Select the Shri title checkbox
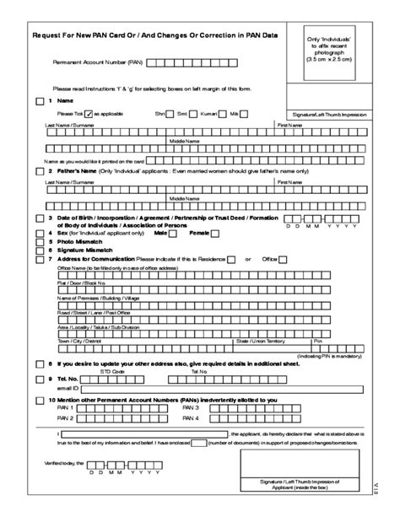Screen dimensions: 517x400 tap(170, 113)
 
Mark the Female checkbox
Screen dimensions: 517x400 tap(215, 232)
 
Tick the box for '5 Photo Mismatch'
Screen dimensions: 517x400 tap(40, 241)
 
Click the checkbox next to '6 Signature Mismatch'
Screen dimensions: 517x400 tap(40, 250)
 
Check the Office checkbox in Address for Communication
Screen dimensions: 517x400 tap(283, 260)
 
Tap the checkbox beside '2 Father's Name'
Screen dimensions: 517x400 tap(40, 171)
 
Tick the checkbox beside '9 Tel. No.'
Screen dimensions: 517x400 tap(40, 380)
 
